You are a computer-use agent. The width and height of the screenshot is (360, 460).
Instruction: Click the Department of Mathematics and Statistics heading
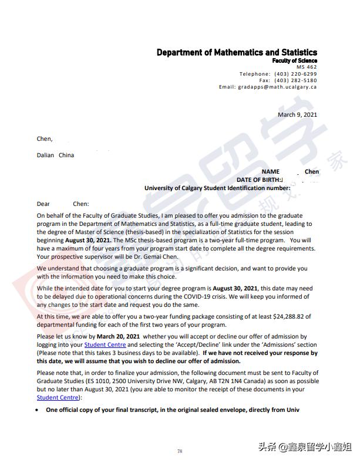click(237, 52)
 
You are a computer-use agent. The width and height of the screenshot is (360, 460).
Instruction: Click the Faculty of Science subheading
click(294, 60)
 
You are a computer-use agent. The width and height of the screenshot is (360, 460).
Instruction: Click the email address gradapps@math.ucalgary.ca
click(277, 87)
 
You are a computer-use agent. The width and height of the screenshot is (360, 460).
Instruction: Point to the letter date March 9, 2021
click(297, 114)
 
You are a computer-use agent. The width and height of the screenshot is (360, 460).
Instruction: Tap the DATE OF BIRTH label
click(259, 180)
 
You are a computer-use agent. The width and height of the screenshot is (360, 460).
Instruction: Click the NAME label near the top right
click(270, 171)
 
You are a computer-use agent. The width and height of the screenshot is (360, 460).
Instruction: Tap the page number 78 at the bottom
click(180, 451)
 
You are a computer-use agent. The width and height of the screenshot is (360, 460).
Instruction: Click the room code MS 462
click(307, 67)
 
